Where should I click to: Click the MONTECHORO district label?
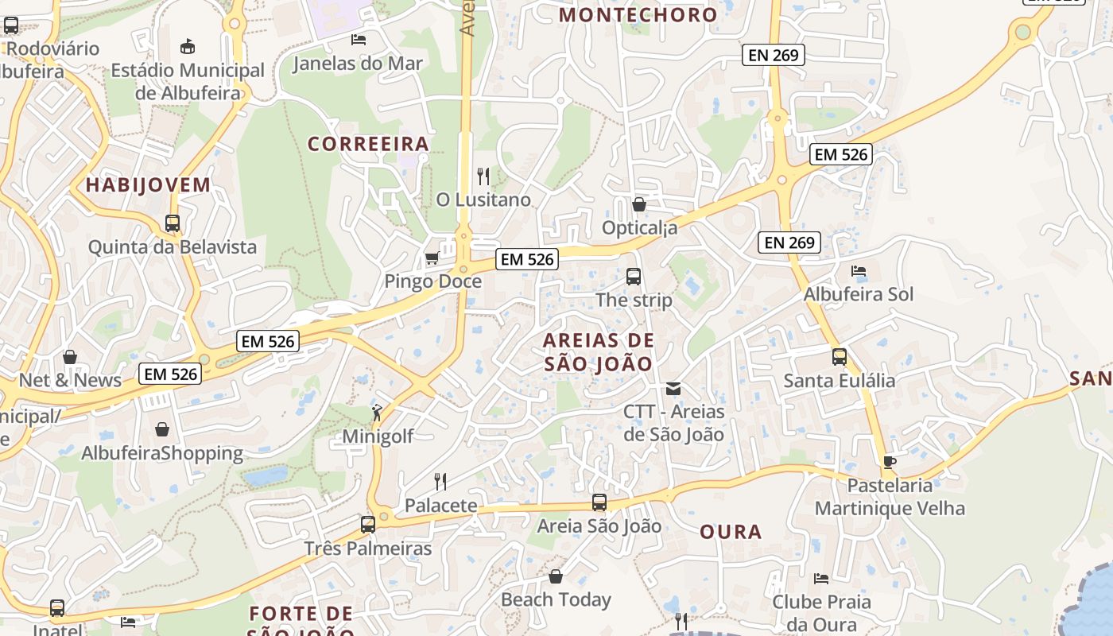coord(638,14)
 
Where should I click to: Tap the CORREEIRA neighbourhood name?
coord(368,144)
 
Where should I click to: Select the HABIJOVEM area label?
coord(148,185)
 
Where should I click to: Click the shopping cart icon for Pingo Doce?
coord(432,258)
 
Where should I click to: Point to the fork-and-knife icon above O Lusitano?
coord(483,176)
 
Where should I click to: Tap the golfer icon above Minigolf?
coord(377,413)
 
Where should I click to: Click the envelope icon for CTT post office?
coord(673,389)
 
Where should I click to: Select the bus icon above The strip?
coord(634,277)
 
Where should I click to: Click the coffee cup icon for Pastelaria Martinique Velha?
coord(890,462)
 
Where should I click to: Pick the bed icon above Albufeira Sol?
coord(859,271)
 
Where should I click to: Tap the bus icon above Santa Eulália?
coord(840,357)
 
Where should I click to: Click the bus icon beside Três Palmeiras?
coord(367,525)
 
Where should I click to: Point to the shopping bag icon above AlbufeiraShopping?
coord(162,430)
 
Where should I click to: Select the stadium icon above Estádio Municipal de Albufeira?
coord(188,46)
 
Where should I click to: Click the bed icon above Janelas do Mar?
coord(359,39)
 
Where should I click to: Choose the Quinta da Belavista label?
coord(173,247)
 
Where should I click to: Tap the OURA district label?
coord(731,532)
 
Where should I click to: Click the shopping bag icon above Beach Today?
coord(556,576)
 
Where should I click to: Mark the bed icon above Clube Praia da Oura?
coord(821,578)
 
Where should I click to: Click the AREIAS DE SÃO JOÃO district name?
coord(599,352)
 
